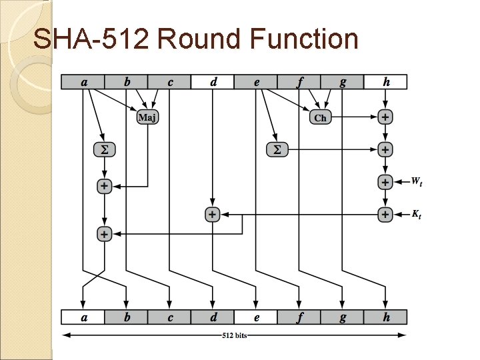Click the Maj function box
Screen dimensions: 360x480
point(147,117)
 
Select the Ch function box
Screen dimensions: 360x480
point(320,117)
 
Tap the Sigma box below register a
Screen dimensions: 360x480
point(104,150)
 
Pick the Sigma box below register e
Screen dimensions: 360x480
point(277,150)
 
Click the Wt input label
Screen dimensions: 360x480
point(416,181)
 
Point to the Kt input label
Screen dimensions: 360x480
point(416,214)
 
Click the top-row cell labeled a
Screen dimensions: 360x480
point(83,82)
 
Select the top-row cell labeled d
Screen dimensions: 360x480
point(213,82)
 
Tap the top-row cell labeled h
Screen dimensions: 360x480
point(386,82)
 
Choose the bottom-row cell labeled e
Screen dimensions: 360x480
point(256,317)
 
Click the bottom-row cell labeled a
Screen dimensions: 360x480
point(83,317)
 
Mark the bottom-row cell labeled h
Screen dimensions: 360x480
point(386,317)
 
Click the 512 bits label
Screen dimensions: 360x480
point(235,335)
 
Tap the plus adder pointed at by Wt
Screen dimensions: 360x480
point(385,181)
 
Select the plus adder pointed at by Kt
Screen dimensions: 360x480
point(385,215)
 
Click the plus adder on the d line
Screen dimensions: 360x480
point(212,215)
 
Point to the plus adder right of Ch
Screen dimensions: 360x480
point(385,117)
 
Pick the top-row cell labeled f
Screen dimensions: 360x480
point(299,82)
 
